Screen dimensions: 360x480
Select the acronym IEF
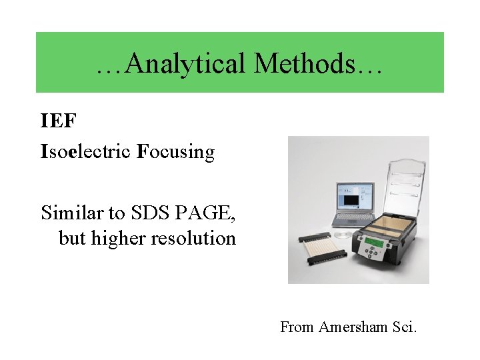(x=59, y=121)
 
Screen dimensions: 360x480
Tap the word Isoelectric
(x=86, y=152)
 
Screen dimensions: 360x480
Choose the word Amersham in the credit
(x=351, y=327)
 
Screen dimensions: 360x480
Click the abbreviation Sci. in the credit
(x=402, y=327)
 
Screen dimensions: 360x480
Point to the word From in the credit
(x=297, y=327)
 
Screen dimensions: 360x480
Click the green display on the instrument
(x=375, y=243)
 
